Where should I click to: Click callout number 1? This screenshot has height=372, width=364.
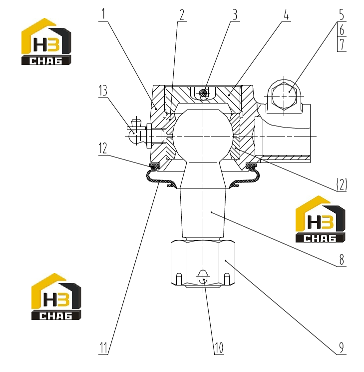tap(103, 14)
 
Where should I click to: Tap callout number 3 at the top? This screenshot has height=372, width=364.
tap(235, 14)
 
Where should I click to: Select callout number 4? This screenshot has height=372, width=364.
tap(286, 14)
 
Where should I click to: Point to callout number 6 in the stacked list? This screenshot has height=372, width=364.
tap(342, 29)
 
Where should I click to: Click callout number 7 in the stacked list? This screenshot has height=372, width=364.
tap(342, 44)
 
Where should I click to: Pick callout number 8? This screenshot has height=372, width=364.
tap(342, 260)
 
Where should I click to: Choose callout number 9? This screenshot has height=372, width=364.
tap(342, 348)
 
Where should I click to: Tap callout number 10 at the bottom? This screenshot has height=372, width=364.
tap(219, 348)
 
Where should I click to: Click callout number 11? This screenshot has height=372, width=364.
tap(103, 348)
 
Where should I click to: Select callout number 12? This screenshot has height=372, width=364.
tap(103, 148)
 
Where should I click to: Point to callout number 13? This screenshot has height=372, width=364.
tap(103, 90)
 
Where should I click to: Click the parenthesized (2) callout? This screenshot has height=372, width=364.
tap(342, 184)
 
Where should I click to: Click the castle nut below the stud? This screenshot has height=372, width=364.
tap(203, 263)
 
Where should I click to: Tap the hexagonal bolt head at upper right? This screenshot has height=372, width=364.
tap(284, 96)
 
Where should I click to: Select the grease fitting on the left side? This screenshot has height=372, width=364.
tap(137, 132)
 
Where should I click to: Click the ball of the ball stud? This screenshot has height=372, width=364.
tap(203, 136)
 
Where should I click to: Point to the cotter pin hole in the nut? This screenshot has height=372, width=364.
tap(203, 277)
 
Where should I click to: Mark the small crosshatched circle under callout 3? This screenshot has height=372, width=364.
tap(203, 93)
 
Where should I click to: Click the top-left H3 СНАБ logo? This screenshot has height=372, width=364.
tap(46, 41)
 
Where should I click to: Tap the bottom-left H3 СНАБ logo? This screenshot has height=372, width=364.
tap(56, 296)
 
